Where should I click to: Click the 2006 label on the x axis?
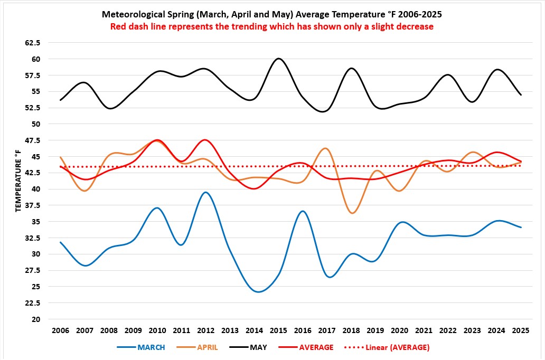pyautogui.click(x=60, y=331)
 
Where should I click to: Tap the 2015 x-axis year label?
pyautogui.click(x=278, y=331)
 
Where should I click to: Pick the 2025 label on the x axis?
pyautogui.click(x=521, y=331)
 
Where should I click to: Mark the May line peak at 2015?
pyautogui.click(x=279, y=59)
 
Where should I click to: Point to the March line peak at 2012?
pyautogui.click(x=206, y=192)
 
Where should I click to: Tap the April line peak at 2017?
pyautogui.click(x=325, y=148)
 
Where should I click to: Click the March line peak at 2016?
pyautogui.click(x=302, y=211)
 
